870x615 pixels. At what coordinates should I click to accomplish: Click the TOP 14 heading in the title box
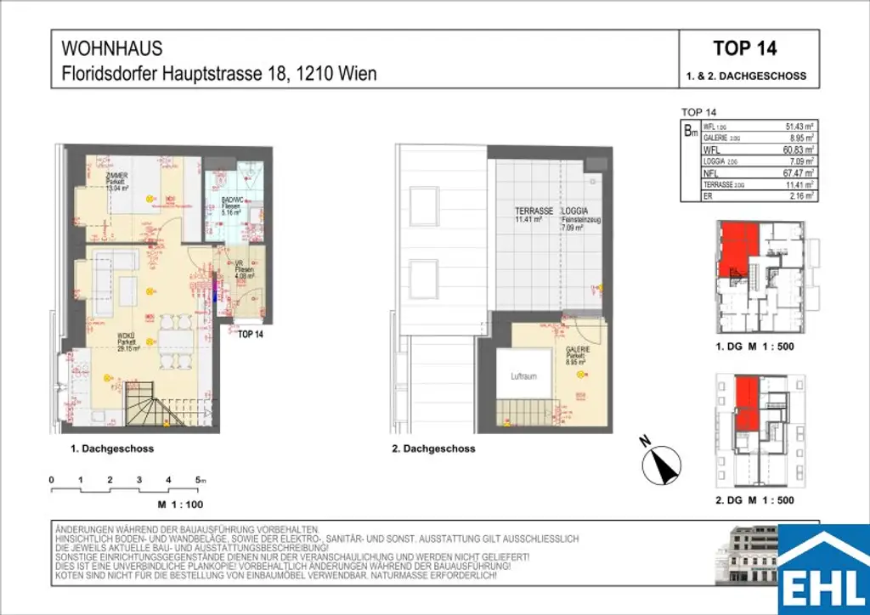tap(745, 48)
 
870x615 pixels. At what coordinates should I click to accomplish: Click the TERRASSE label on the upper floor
tap(534, 211)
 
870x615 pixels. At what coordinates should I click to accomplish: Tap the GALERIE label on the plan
tap(578, 349)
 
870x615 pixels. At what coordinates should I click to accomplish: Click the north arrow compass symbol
tap(663, 464)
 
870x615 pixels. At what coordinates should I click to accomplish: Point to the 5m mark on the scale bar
tap(200, 481)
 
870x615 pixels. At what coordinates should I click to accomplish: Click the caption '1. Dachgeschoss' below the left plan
tap(113, 449)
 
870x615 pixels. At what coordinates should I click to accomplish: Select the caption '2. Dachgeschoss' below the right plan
tap(433, 449)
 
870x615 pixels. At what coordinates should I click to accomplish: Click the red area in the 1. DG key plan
tap(737, 249)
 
